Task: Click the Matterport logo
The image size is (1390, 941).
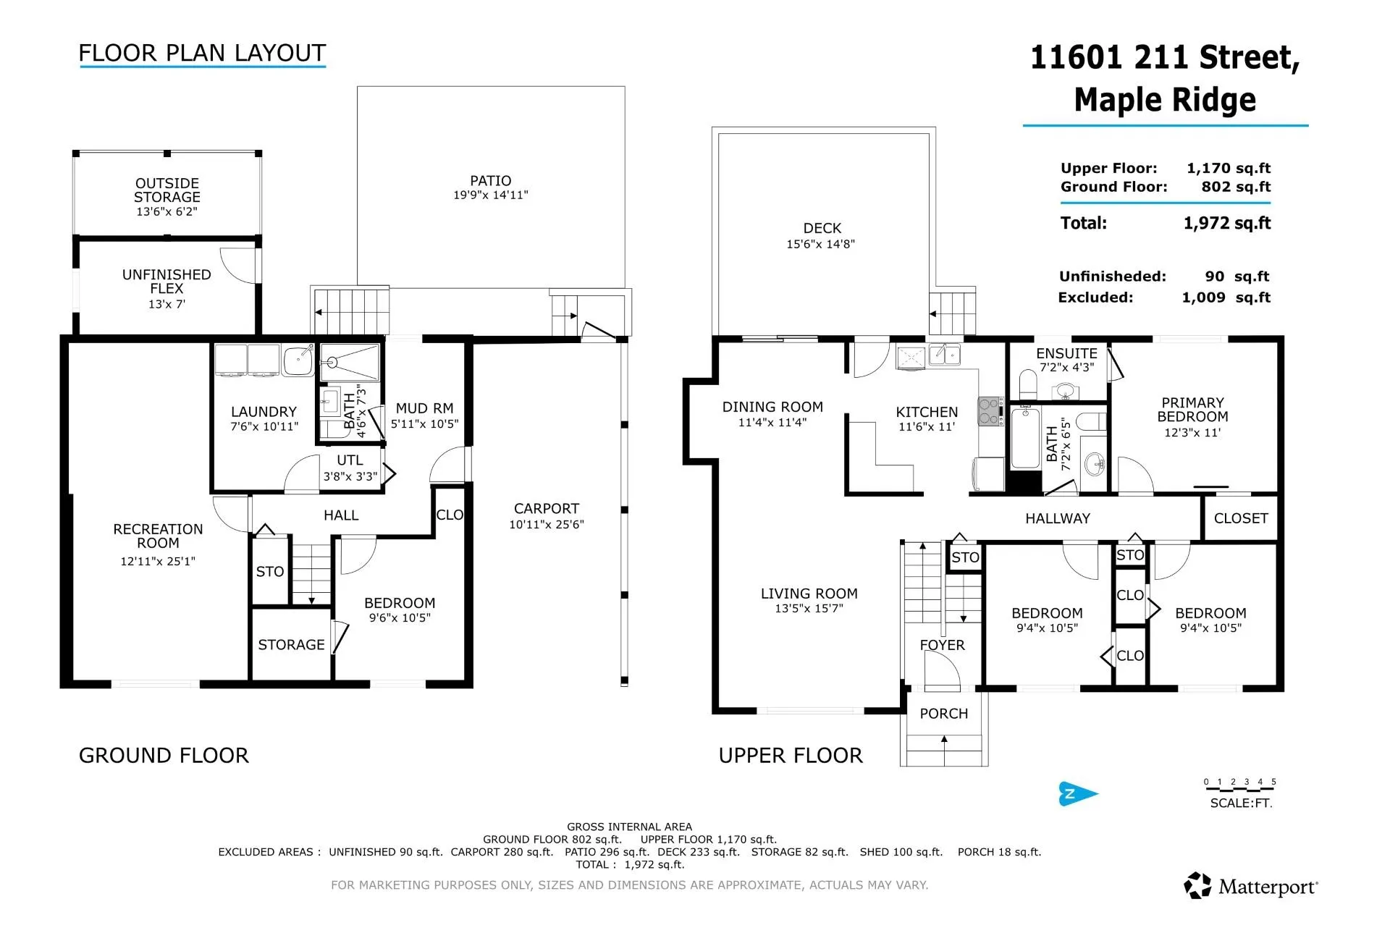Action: (1251, 886)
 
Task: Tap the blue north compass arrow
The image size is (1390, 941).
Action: (1078, 793)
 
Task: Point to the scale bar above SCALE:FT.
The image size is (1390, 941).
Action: (1239, 788)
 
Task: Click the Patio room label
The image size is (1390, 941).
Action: (490, 181)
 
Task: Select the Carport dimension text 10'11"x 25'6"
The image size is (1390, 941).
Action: (547, 525)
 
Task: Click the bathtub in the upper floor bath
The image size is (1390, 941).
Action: (1025, 438)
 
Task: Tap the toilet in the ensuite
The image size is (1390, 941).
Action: (1028, 382)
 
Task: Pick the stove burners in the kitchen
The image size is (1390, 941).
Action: (990, 411)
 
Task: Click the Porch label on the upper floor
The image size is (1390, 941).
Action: (943, 714)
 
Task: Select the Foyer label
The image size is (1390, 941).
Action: (942, 645)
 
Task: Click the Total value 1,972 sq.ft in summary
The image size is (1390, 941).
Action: (1227, 223)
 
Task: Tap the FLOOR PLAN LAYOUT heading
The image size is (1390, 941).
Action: (202, 53)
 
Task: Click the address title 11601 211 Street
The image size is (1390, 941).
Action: (1165, 57)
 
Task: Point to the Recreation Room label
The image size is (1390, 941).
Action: (158, 536)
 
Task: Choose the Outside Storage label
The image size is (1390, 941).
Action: (167, 190)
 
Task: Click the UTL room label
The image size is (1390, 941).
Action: (350, 460)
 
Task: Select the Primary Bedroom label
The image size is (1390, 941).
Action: (1192, 410)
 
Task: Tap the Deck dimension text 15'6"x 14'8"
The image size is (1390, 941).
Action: (821, 245)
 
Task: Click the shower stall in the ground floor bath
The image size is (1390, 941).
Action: (350, 363)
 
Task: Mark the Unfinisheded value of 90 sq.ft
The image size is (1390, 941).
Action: (1237, 277)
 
